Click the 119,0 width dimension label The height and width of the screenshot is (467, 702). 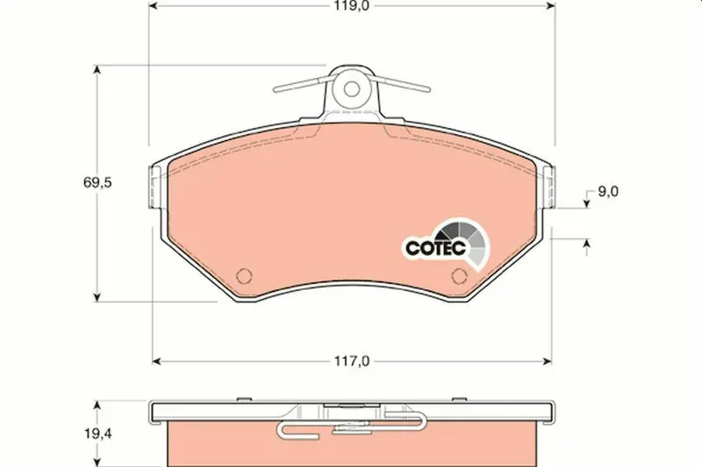(x=351, y=6)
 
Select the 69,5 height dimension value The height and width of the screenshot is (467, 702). (x=97, y=182)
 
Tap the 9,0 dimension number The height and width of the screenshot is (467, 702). (x=608, y=191)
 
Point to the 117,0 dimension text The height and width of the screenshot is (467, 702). (x=352, y=361)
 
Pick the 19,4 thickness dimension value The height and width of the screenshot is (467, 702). (x=97, y=433)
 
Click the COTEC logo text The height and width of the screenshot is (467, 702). (x=435, y=247)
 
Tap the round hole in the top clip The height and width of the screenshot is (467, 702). (x=352, y=88)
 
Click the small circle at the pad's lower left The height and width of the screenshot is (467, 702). (x=244, y=276)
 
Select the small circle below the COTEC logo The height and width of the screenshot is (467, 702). (x=459, y=276)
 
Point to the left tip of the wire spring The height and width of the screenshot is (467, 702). (x=275, y=89)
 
